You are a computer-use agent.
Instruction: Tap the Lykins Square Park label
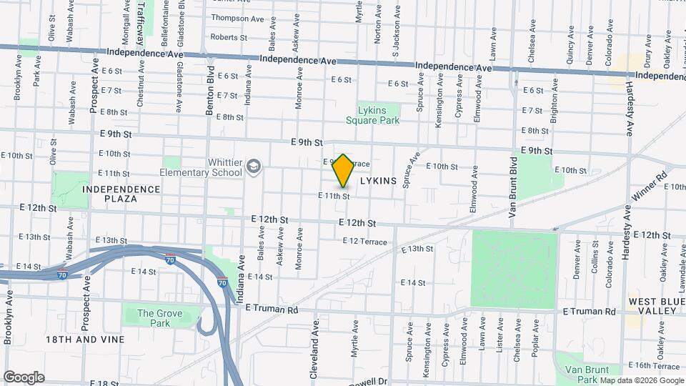(378, 116)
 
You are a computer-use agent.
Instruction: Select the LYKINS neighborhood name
(378, 182)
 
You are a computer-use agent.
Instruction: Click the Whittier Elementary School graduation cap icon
(252, 167)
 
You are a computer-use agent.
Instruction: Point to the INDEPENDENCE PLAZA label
(121, 194)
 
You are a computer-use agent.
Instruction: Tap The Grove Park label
(159, 318)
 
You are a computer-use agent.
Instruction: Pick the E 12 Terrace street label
(365, 242)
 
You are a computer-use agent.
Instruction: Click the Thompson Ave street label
(240, 18)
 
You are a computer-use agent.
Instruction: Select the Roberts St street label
(229, 37)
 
